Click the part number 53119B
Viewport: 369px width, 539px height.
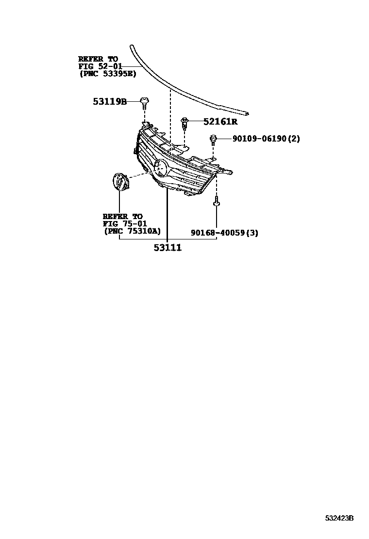point(110,102)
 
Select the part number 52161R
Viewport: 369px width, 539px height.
point(217,121)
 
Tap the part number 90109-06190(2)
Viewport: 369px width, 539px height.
point(266,139)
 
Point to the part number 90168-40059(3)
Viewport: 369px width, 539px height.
point(224,233)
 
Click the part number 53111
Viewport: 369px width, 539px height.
point(168,248)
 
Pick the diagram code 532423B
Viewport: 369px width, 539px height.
point(339,518)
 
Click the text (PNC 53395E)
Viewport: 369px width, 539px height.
point(107,74)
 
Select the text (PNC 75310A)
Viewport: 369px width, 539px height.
point(132,231)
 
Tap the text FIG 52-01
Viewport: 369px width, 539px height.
point(100,66)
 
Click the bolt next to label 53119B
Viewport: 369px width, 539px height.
point(144,102)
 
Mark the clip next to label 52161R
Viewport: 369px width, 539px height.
point(185,123)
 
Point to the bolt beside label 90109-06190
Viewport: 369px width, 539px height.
point(213,140)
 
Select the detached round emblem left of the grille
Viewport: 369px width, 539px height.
point(119,182)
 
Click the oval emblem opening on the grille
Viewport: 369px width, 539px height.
point(161,169)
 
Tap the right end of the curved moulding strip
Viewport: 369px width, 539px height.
point(248,114)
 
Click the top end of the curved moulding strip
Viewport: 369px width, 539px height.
point(131,46)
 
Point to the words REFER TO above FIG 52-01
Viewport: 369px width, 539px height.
point(98,59)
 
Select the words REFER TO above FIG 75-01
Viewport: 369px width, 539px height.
point(122,216)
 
